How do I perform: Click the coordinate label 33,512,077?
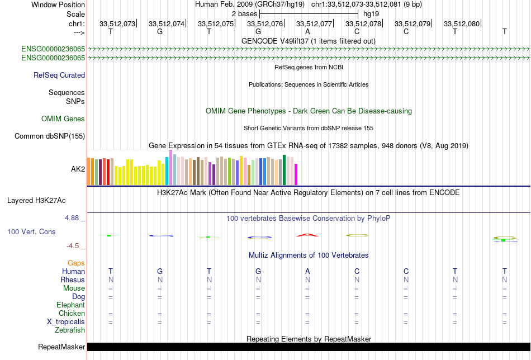314,23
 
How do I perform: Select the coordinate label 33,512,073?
117,23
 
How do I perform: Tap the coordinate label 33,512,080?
462,23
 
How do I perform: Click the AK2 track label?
78,168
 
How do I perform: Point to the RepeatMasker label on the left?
61,347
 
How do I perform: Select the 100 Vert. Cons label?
31,231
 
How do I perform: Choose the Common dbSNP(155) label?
50,136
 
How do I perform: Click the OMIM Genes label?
63,119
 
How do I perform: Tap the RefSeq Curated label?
59,75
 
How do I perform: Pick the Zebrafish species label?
70,330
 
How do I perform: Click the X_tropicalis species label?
66,322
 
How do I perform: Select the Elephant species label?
70,305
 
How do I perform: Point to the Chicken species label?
72,314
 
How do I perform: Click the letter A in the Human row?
307,271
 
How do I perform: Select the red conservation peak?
307,235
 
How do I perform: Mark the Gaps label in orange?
76,263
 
